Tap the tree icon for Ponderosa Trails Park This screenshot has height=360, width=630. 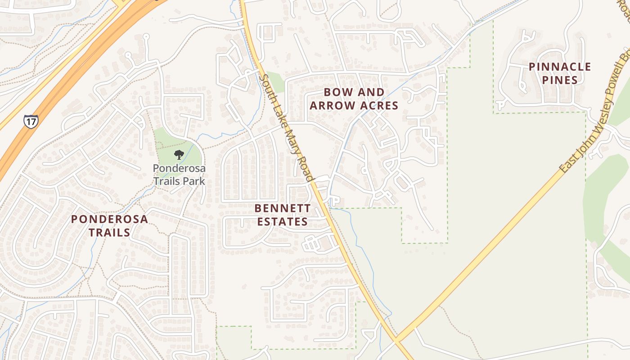tap(179, 155)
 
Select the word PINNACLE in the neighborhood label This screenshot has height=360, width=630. tap(560, 67)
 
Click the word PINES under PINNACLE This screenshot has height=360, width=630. tap(560, 81)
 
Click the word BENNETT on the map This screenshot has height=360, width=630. tap(282, 208)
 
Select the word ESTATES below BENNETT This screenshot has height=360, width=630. tap(281, 222)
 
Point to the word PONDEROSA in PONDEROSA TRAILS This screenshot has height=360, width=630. tap(109, 219)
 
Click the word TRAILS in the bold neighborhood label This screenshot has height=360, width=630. tap(109, 233)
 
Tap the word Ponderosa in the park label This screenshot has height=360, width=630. tap(179, 169)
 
